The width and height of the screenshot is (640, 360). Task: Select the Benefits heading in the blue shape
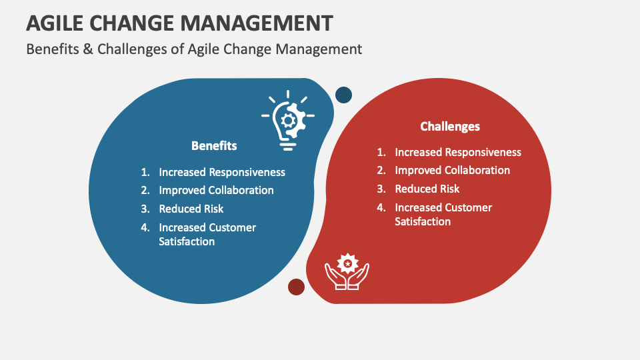coord(214,145)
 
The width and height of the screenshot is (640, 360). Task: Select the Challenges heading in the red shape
coord(450,126)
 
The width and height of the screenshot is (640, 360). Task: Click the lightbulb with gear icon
coord(287,120)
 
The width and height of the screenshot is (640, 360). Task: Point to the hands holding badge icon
coord(347,271)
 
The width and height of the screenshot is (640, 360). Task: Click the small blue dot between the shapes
coord(343,95)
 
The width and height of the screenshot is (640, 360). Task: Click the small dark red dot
coord(296,287)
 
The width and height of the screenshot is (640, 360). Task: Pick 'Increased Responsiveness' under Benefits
coord(221,172)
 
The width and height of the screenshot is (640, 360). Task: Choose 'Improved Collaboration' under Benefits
coord(216,190)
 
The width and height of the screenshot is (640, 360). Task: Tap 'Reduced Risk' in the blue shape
coord(191,209)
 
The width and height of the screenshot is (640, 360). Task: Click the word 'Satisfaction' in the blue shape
coord(187,241)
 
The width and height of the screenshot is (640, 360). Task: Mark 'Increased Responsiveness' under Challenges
coord(458,152)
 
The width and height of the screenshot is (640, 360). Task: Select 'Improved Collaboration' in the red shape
coord(452,170)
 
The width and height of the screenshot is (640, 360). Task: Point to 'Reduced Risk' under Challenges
coord(427,189)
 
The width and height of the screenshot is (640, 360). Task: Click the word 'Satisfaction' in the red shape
coord(423,221)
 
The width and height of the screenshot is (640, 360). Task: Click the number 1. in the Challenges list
coord(381,152)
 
